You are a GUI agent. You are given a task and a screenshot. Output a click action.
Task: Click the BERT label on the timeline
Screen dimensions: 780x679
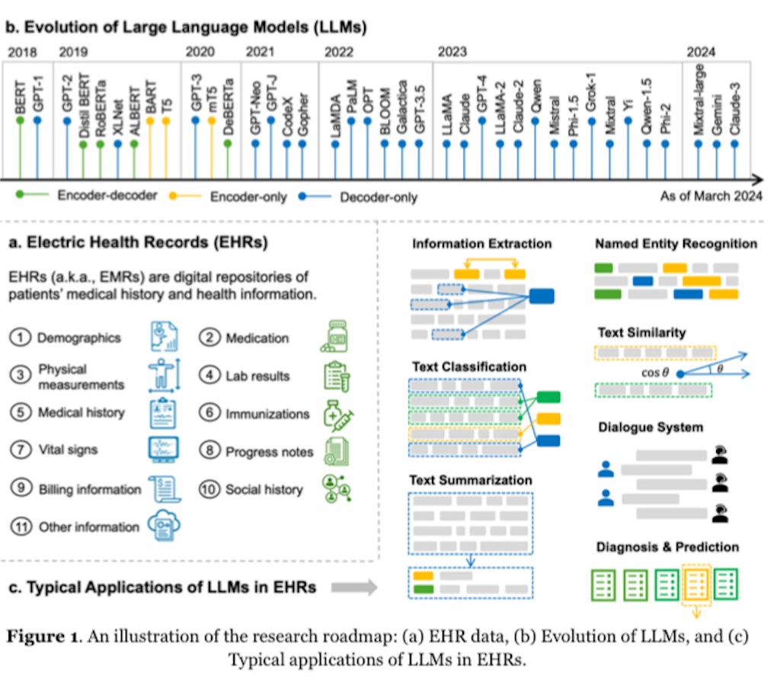(x=20, y=98)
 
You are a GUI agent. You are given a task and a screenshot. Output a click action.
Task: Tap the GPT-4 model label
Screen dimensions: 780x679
(x=481, y=94)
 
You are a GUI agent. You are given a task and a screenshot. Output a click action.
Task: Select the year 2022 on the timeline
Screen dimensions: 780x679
(x=339, y=52)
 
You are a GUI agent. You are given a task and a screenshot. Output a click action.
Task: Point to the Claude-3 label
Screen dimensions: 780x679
(x=735, y=108)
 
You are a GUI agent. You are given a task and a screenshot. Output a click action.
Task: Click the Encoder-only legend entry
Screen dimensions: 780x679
(x=248, y=197)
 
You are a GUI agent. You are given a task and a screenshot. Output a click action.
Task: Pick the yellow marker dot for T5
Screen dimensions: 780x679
(x=166, y=121)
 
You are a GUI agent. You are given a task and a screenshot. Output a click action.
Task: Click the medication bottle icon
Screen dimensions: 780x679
(x=334, y=337)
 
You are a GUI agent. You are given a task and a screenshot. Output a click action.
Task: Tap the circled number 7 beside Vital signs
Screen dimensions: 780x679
(x=21, y=450)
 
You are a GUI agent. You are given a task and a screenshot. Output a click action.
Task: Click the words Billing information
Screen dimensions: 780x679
(x=90, y=489)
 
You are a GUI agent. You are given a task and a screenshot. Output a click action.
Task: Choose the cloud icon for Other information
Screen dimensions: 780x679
(x=165, y=524)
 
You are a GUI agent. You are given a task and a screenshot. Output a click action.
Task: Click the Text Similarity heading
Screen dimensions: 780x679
(x=641, y=332)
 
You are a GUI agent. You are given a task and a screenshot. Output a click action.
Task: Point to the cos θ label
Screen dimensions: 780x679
(x=655, y=373)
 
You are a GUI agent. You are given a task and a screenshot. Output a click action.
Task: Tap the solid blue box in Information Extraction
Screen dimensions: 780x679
(x=542, y=296)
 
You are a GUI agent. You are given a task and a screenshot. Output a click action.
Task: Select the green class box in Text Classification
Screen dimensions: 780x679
(x=548, y=397)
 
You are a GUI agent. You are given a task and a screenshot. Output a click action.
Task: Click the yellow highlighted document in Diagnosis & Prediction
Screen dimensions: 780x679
(x=696, y=585)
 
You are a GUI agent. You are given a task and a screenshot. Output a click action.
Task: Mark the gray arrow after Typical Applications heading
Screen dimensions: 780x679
(x=354, y=588)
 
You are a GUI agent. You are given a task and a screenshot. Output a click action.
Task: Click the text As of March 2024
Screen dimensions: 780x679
(x=711, y=196)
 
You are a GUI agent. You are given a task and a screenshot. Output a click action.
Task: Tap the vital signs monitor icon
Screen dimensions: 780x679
(x=164, y=449)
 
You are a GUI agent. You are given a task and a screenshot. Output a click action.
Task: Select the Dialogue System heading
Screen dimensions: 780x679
(x=651, y=427)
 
